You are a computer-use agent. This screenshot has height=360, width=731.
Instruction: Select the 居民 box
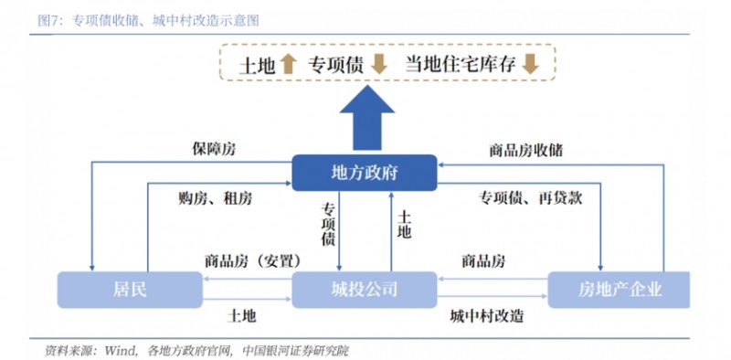pyautogui.click(x=129, y=290)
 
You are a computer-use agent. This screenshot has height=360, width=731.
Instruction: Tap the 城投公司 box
pyautogui.click(x=364, y=290)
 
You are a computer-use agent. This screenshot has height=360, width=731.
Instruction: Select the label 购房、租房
pyautogui.click(x=216, y=197)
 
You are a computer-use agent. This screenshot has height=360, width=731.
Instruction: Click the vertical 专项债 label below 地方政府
pyautogui.click(x=328, y=225)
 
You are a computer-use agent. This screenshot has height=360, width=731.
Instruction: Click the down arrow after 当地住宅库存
pyautogui.click(x=531, y=64)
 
